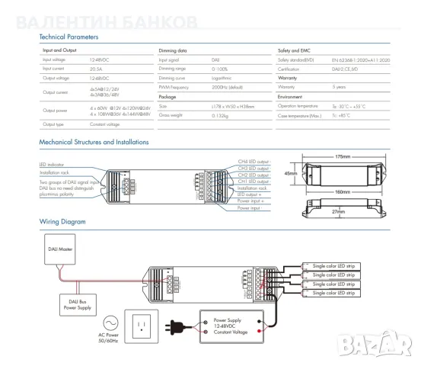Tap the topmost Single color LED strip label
[335, 265]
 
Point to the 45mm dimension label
[290, 173]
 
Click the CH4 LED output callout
[254, 162]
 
